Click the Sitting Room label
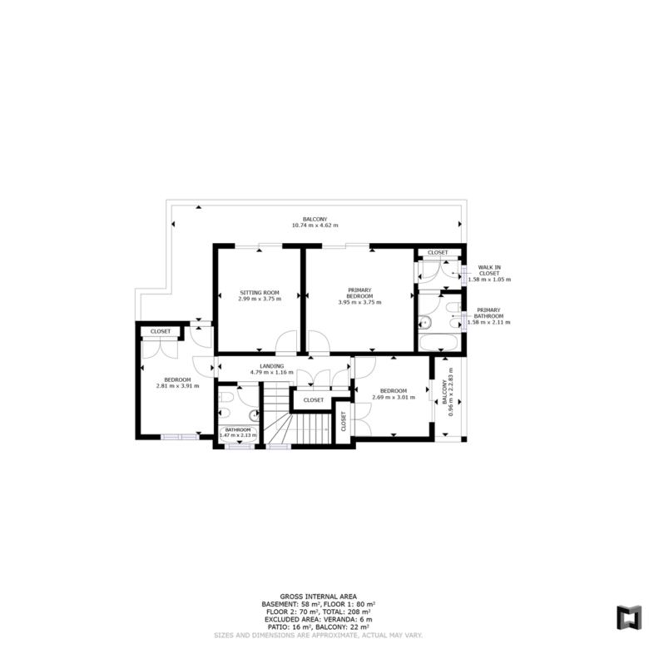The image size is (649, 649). pyautogui.click(x=260, y=293)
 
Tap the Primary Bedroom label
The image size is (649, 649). pyautogui.click(x=359, y=293)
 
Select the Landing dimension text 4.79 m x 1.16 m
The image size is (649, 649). pyautogui.click(x=271, y=373)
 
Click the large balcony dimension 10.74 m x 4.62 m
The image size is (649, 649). pyautogui.click(x=315, y=225)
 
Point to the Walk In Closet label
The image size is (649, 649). pyautogui.click(x=489, y=270)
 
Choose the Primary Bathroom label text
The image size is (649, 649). pyautogui.click(x=488, y=313)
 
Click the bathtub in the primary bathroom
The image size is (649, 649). pyautogui.click(x=438, y=343)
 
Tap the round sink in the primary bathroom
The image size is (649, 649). pyautogui.click(x=425, y=322)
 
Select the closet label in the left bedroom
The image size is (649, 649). pyautogui.click(x=161, y=331)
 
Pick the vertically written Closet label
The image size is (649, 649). pyautogui.click(x=343, y=421)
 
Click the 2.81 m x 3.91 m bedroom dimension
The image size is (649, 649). pyautogui.click(x=177, y=386)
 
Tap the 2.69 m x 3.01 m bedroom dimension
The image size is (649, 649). pyautogui.click(x=394, y=398)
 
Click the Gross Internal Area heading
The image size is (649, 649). pyautogui.click(x=319, y=597)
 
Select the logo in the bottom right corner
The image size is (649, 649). pyautogui.click(x=629, y=618)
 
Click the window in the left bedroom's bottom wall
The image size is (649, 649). pyautogui.click(x=180, y=437)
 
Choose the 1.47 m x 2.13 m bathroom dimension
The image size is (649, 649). pyautogui.click(x=238, y=435)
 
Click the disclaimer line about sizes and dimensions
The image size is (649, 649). pyautogui.click(x=319, y=636)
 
